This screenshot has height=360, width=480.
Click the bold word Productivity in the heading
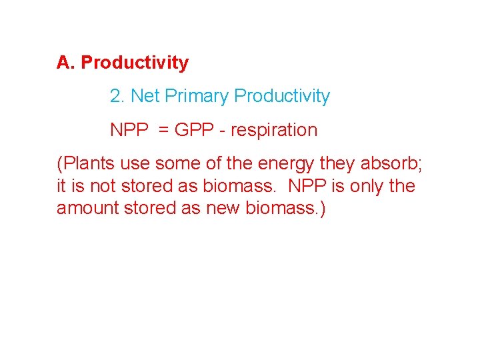click(x=135, y=63)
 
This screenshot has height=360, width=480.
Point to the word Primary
click(x=197, y=97)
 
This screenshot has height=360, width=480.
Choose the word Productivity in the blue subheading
click(x=282, y=97)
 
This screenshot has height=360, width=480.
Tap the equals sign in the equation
click(x=164, y=130)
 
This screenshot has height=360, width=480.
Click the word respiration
click(x=274, y=130)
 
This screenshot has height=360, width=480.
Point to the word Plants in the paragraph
click(x=87, y=163)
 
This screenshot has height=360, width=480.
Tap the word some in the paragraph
click(x=177, y=163)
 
